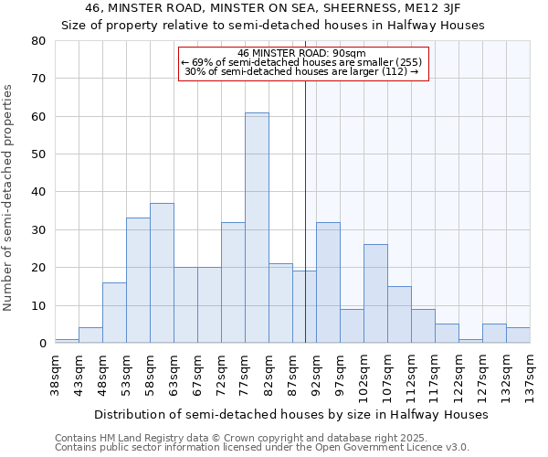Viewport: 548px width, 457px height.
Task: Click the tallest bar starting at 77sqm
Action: click(x=257, y=228)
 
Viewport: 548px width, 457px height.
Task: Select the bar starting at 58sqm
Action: click(x=162, y=273)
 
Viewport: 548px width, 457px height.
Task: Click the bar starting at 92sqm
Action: click(x=328, y=282)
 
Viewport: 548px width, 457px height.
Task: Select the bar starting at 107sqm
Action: click(x=399, y=314)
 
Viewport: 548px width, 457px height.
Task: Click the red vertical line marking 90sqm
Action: click(x=305, y=210)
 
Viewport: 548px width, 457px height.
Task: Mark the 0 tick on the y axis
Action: click(x=41, y=344)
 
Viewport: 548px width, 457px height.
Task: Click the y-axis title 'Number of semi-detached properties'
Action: click(x=9, y=197)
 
